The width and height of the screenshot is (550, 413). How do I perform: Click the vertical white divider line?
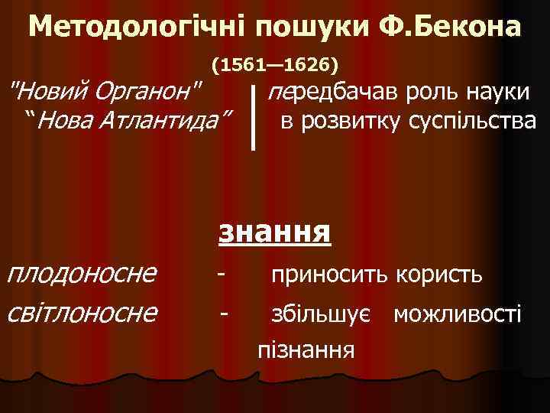(x=253, y=115)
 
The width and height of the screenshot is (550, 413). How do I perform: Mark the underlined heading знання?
(x=275, y=232)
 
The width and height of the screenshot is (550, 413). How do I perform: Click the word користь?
(x=438, y=273)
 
